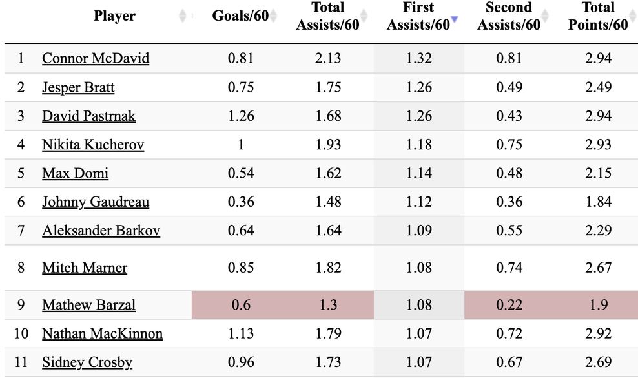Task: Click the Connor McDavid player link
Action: pos(96,59)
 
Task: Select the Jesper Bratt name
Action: pos(78,87)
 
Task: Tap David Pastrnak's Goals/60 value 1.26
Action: pos(241,116)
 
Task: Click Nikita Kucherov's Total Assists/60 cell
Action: pos(328,145)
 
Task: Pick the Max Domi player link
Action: pos(75,173)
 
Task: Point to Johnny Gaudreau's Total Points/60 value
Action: pos(598,202)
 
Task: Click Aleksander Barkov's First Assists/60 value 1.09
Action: pos(418,231)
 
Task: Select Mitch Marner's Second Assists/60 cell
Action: pos(509,268)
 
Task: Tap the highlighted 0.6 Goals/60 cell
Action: pos(241,304)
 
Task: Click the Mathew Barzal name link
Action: pos(88,305)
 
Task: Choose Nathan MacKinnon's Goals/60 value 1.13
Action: pos(241,334)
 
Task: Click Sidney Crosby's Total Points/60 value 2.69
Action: pos(598,362)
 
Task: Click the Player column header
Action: pos(114,16)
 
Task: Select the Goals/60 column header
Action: pos(240,16)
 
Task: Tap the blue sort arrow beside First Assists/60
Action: pos(454,20)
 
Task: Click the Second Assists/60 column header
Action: pos(509,16)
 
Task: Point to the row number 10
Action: pos(21,334)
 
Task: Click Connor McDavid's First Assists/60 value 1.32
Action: pos(418,59)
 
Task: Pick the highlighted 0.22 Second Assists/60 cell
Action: pos(509,304)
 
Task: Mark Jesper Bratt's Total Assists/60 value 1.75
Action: pos(328,87)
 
